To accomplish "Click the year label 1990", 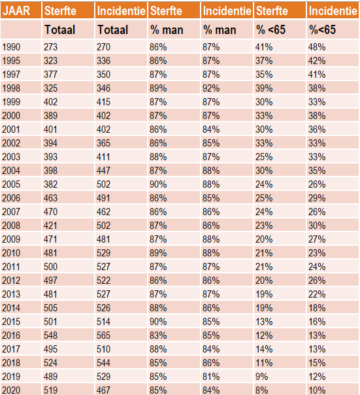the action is [11, 47].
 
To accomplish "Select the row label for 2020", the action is [11, 390].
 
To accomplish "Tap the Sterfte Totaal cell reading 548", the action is [50, 335].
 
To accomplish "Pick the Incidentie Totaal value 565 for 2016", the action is [103, 335].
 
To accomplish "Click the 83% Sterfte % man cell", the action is [158, 335].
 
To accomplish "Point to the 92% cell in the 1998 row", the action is [211, 88].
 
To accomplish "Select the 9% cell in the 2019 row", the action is [261, 377].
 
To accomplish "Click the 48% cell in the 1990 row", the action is [317, 47].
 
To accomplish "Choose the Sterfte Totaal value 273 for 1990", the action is [50, 47].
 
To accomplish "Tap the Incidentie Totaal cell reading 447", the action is [103, 171].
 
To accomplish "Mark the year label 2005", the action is [11, 184].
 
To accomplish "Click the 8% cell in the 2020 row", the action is [261, 390].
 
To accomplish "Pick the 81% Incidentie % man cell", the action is [211, 377].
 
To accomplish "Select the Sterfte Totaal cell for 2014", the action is [50, 308].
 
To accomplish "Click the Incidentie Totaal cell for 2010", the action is [103, 253].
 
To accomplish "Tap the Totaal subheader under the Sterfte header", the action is [60, 29].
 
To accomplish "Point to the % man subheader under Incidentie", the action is [220, 29].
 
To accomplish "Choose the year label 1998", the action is [11, 88].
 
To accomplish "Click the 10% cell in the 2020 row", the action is [317, 390].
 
